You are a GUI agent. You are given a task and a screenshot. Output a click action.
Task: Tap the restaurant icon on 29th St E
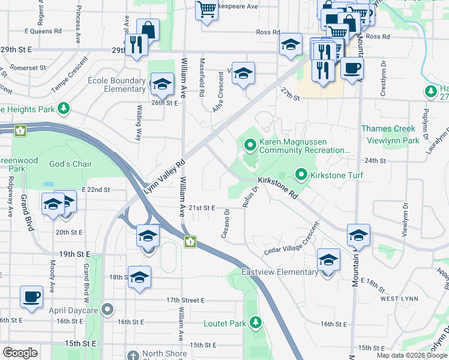coord(137,44)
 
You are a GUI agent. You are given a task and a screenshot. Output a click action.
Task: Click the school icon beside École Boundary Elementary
coord(161,85)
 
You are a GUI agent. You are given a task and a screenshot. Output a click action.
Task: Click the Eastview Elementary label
coord(279,272)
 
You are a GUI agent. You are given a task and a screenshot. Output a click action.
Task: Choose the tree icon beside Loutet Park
coord(256,323)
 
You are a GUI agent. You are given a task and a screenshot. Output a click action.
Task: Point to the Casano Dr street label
coord(226,223)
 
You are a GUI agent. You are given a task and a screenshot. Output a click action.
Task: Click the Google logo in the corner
coord(20,353)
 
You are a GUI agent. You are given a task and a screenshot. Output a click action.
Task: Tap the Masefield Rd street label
coord(202,82)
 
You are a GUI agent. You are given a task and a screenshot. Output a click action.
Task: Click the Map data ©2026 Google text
coord(412,355)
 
